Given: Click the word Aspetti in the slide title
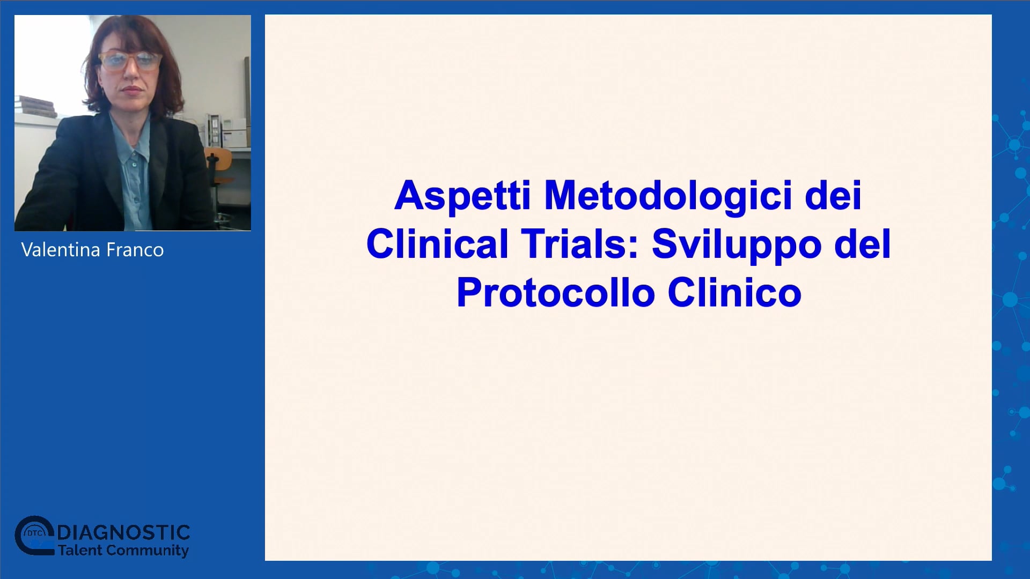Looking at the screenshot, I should pyautogui.click(x=462, y=196).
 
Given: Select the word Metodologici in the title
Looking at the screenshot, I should pyautogui.click(x=668, y=196).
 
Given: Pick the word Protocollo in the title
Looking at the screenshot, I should pyautogui.click(x=556, y=293).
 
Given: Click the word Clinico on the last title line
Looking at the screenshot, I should pyautogui.click(x=734, y=293).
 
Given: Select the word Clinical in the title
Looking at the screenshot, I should pyautogui.click(x=437, y=244).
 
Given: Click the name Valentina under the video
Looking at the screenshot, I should pyautogui.click(x=61, y=250).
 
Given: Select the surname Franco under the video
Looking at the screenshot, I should pyautogui.click(x=135, y=250).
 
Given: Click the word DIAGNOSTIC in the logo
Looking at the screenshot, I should pyautogui.click(x=123, y=533).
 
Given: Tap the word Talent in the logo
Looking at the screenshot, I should pyautogui.click(x=80, y=551).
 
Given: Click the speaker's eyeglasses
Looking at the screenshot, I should pyautogui.click(x=130, y=62).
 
